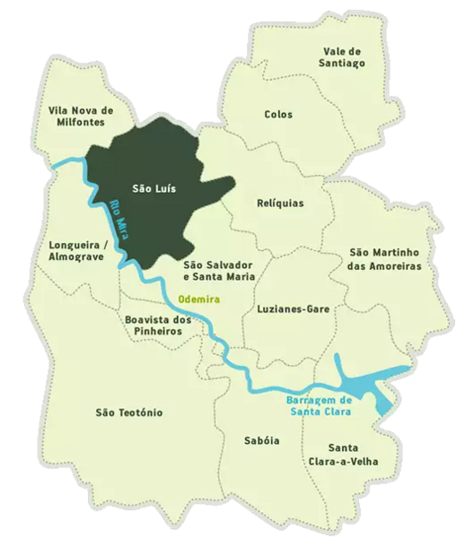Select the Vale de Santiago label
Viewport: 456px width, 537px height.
[x=342, y=57]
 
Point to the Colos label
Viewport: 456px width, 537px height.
[x=278, y=115]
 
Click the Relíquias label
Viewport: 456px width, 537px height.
[x=280, y=204]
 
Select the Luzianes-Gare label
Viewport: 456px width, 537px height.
[x=294, y=309]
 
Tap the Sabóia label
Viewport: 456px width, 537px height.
[x=261, y=441]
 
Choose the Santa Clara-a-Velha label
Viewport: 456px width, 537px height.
[x=353, y=455]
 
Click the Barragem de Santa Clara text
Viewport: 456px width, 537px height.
[x=320, y=405]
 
